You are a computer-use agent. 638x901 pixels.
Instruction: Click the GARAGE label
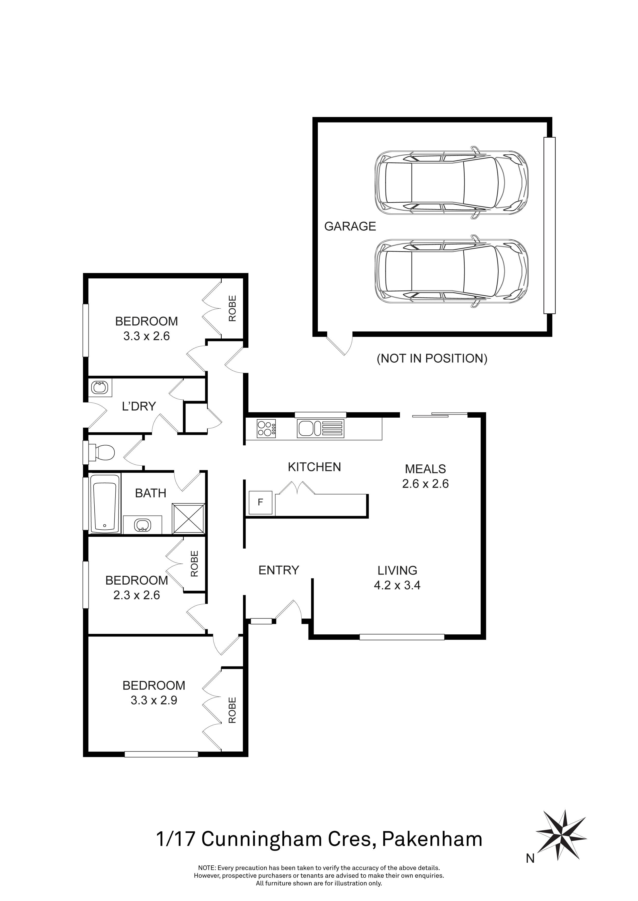pos(350,227)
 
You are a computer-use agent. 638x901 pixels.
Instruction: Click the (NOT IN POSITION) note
pos(432,358)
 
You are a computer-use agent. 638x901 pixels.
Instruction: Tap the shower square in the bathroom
pos(188,519)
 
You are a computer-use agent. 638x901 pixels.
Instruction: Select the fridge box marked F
pos(260,502)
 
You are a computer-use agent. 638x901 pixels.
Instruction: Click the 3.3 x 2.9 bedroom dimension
pos(154,700)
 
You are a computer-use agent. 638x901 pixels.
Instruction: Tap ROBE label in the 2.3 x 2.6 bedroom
pos(194,564)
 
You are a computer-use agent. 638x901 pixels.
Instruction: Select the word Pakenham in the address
pos(432,839)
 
